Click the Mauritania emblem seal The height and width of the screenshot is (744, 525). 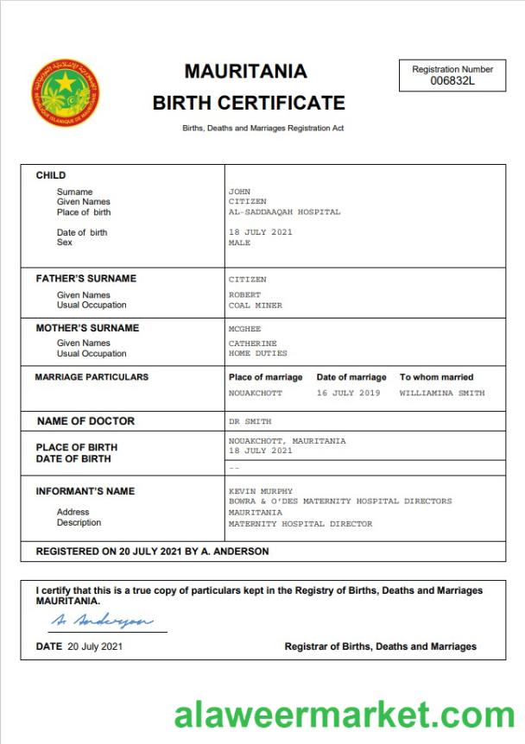pos(66,93)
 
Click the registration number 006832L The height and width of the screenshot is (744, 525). pos(452,80)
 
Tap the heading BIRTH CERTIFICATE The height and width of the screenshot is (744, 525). pos(249,104)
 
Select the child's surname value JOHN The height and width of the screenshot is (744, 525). pos(239,192)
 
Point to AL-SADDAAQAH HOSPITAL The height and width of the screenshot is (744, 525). pos(284,211)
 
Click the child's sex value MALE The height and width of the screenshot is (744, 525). pos(239,243)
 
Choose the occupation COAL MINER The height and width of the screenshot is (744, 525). pos(255,306)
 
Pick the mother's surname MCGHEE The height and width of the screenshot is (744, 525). pos(244,329)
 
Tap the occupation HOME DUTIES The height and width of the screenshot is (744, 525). pos(257,353)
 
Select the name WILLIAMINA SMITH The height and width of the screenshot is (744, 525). pos(441,393)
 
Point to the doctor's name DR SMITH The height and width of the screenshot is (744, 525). pos(250,422)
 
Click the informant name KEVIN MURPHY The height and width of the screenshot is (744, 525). pos(260,491)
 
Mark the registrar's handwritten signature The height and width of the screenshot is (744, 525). pos(101,621)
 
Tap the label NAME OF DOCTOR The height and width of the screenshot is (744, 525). pos(85,421)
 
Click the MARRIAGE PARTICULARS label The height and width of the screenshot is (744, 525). pos(92,377)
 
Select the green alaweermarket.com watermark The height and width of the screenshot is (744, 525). pos(345,716)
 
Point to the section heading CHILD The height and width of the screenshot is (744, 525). pos(50,175)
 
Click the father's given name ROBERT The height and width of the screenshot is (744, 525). pos(244,295)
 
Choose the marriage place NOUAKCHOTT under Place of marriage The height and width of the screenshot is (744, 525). pos(255,393)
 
